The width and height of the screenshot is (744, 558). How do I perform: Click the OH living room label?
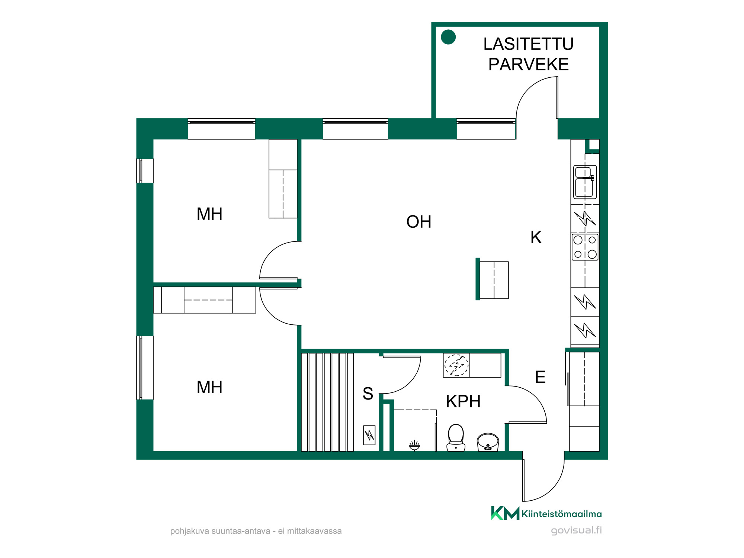[x=418, y=222]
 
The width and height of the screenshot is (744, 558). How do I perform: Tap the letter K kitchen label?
[x=536, y=237]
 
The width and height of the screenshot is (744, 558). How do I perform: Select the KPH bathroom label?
[x=463, y=401]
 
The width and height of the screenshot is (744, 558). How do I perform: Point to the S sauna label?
[x=368, y=394]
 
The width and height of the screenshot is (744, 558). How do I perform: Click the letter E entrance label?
[x=540, y=377]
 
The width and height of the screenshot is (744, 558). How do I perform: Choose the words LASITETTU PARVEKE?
[x=528, y=54]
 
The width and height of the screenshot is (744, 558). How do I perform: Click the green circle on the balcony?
[x=448, y=37]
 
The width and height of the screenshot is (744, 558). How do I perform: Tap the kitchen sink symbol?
[x=585, y=182]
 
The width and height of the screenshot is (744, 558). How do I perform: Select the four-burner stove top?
[x=585, y=247]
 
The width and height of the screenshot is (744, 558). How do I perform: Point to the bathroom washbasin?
[x=488, y=442]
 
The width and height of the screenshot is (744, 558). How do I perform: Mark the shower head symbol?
[x=414, y=445]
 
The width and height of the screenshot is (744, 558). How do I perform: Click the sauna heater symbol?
[x=369, y=435]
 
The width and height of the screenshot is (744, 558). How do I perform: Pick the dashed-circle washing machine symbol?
[x=456, y=365]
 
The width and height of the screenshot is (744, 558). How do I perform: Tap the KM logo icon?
[x=505, y=513]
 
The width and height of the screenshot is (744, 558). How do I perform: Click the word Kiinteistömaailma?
[x=562, y=514]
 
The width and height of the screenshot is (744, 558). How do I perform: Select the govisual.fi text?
[x=576, y=530]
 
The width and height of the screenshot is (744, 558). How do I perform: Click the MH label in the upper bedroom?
[x=209, y=214]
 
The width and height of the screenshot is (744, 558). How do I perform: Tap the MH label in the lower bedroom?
[x=209, y=387]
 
